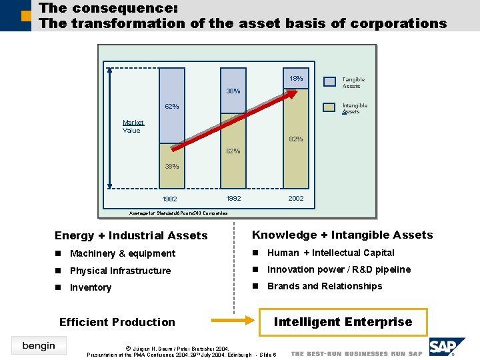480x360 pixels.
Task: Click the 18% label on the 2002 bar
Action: click(296, 79)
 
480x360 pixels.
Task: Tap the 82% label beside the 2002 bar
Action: click(296, 139)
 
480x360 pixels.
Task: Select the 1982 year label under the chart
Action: click(170, 199)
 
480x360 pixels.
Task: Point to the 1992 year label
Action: click(233, 199)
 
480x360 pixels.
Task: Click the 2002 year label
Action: click(296, 199)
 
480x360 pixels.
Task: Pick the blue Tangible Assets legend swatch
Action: click(329, 82)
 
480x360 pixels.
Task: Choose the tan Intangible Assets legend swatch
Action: click(329, 107)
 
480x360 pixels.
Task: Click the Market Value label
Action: click(132, 127)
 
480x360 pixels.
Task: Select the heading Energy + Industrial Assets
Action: click(131, 235)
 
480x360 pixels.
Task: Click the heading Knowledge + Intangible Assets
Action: click(342, 235)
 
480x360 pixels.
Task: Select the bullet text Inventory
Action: click(91, 287)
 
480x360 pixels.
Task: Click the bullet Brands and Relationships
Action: click(325, 286)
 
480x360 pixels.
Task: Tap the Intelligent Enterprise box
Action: click(343, 322)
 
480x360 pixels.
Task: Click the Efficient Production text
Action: click(117, 322)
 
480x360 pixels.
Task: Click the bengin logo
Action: click(39, 345)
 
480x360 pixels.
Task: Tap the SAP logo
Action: click(445, 347)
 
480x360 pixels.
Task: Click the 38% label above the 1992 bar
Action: click(233, 91)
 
